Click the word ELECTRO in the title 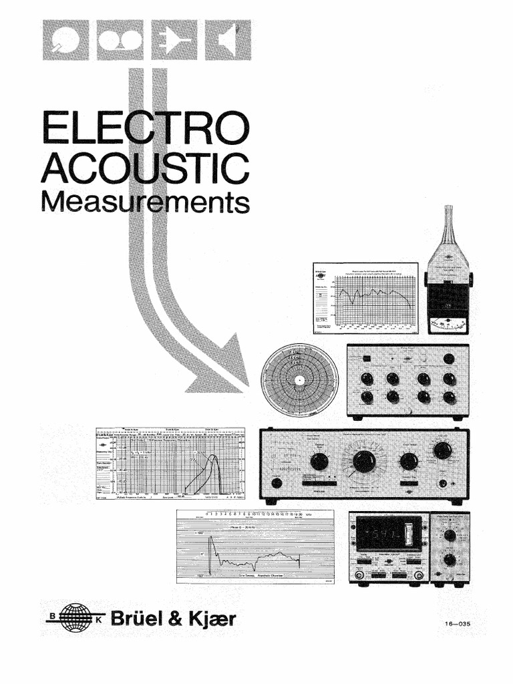point(144,130)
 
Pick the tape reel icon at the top point(120,39)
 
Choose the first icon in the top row point(66,39)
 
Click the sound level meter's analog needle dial point(448,325)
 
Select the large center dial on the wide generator point(364,461)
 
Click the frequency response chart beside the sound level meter point(366,298)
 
